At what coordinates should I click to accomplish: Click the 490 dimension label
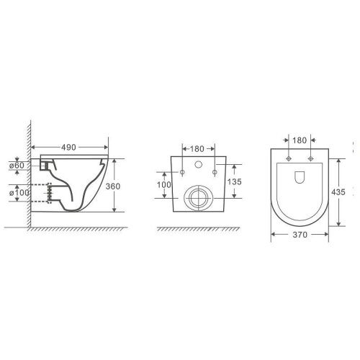pyautogui.click(x=68, y=148)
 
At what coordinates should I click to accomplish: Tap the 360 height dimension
pyautogui.click(x=113, y=186)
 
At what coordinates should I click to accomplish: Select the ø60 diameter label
pyautogui.click(x=17, y=166)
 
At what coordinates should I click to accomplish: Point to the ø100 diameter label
pyautogui.click(x=19, y=192)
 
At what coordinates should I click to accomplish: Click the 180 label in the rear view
pyautogui.click(x=197, y=149)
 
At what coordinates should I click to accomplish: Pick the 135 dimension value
pyautogui.click(x=234, y=181)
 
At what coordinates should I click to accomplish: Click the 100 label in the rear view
pyautogui.click(x=164, y=185)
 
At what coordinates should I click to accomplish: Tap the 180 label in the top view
pyautogui.click(x=300, y=140)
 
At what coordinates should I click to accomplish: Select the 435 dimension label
pyautogui.click(x=338, y=192)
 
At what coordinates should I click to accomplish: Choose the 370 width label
pyautogui.click(x=300, y=235)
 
